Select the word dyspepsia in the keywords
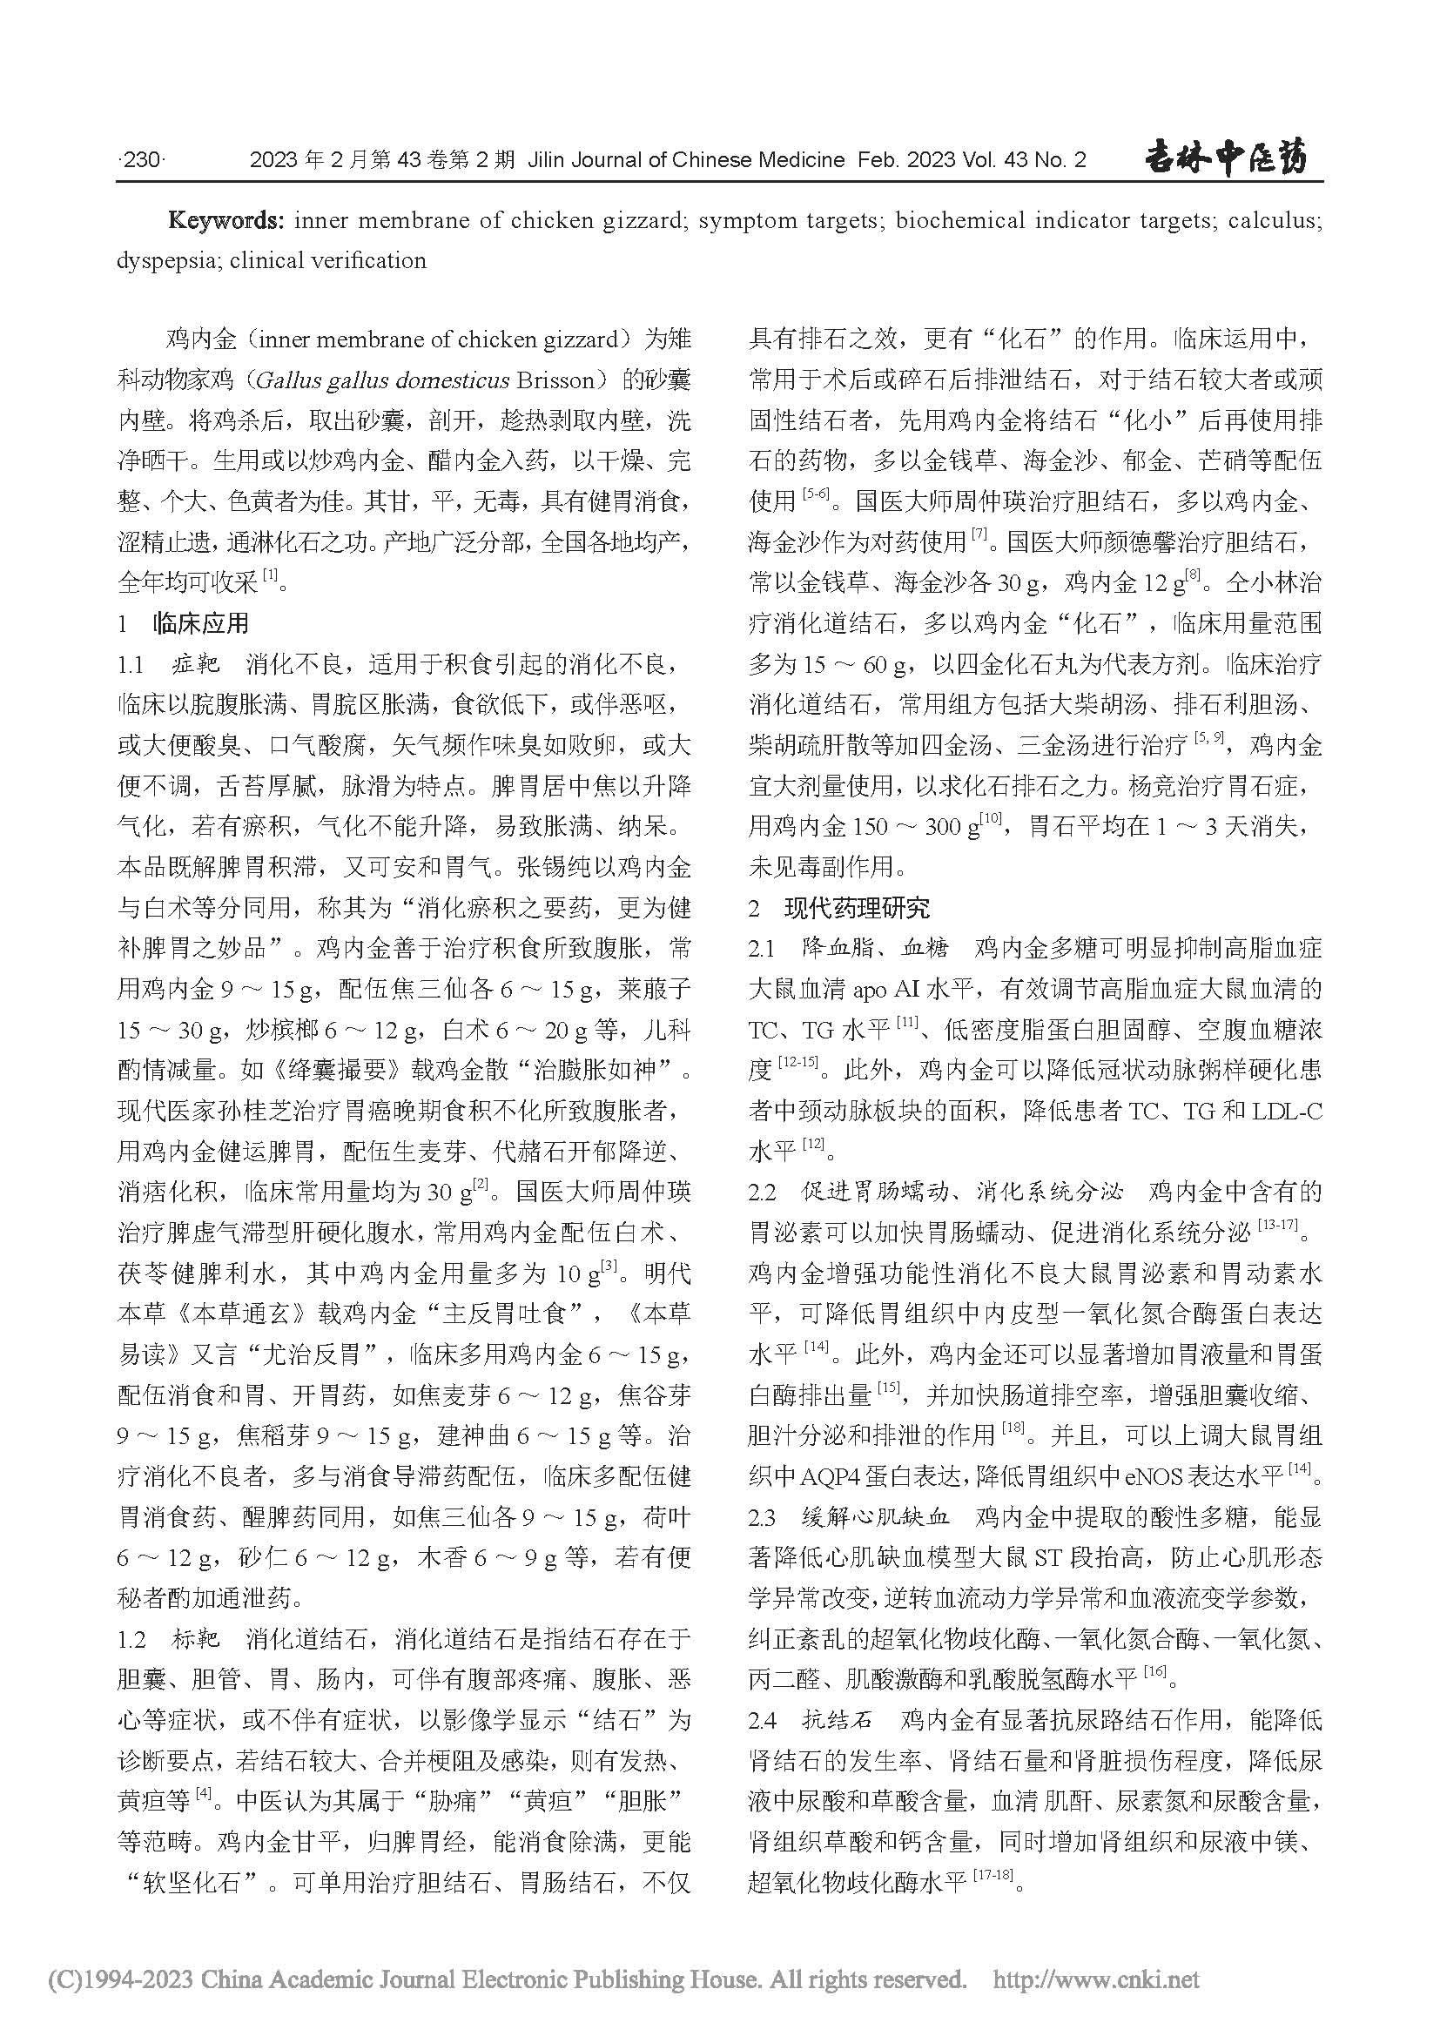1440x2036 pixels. tap(160, 261)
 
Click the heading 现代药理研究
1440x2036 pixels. tap(857, 908)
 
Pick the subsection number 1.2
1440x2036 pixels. tap(131, 1640)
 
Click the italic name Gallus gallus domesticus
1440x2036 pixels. tap(382, 380)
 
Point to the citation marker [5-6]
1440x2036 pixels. tap(815, 494)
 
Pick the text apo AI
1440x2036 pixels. tap(886, 989)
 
